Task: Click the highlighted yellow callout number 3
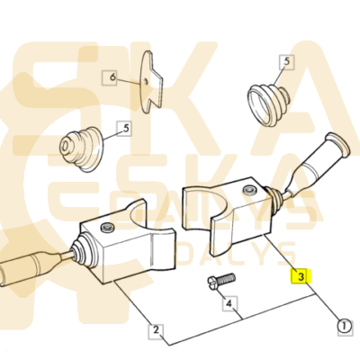301,276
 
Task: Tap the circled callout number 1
345,326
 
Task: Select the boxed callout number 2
156,330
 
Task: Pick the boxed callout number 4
229,304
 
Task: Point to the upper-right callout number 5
286,62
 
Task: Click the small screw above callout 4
221,280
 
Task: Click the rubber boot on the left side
82,149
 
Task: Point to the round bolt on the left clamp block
107,228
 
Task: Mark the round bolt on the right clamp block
249,190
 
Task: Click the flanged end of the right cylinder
338,144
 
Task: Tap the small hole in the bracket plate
146,82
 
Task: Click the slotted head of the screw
212,283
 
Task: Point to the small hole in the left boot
65,147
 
